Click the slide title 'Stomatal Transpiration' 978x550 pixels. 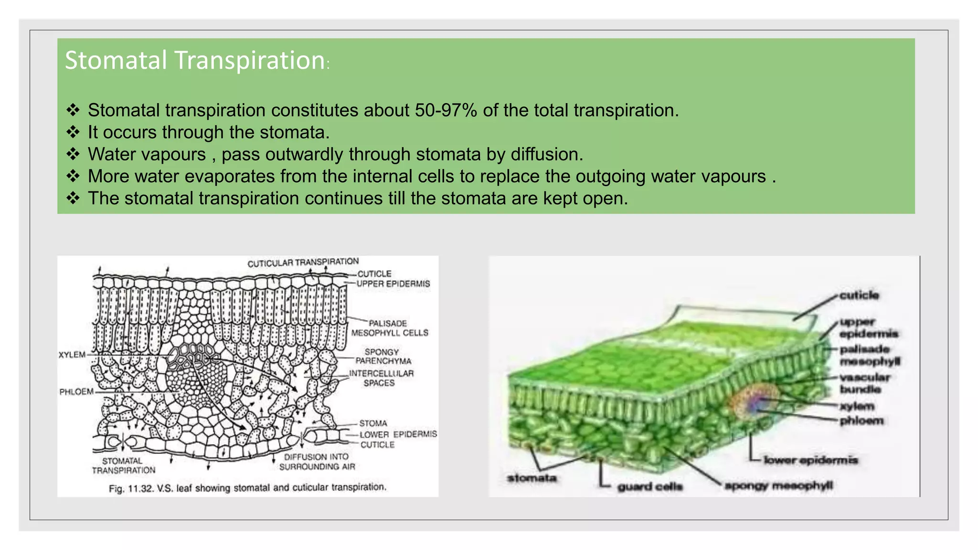(195, 61)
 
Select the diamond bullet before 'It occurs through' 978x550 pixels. (73, 132)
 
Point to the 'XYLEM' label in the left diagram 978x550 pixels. (72, 355)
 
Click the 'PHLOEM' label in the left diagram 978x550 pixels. (76, 392)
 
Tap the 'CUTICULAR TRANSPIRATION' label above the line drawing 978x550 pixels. (303, 263)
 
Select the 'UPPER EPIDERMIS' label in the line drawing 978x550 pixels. (393, 284)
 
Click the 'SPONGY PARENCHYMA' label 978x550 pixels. (383, 357)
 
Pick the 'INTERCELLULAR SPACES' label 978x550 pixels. (381, 378)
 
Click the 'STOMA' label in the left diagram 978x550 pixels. (373, 423)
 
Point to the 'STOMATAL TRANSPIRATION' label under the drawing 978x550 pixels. (123, 465)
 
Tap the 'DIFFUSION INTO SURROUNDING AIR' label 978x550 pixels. (317, 462)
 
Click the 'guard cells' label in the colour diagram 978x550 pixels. (649, 487)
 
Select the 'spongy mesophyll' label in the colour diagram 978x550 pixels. (778, 486)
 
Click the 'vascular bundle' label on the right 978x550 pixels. (864, 383)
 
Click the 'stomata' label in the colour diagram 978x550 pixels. (532, 478)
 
